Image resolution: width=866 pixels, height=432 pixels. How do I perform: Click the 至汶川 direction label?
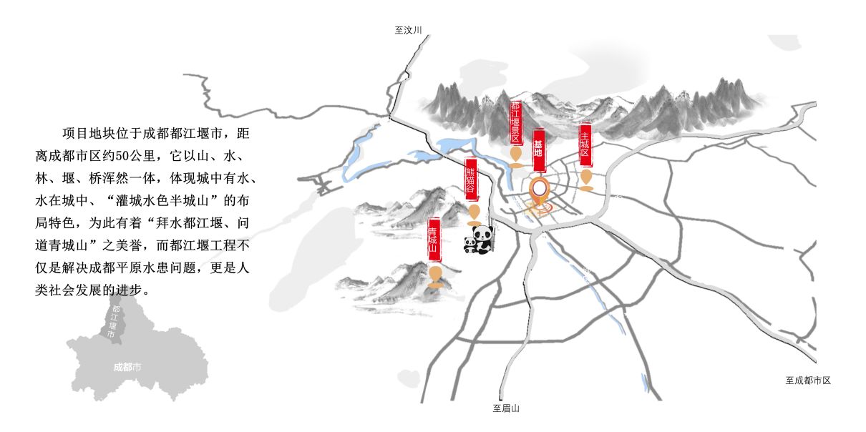[x=409, y=30]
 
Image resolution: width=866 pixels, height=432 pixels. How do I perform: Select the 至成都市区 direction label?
[x=807, y=381]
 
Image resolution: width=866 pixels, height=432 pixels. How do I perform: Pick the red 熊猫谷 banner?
[x=471, y=180]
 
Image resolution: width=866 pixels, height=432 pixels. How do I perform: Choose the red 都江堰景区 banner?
[x=515, y=122]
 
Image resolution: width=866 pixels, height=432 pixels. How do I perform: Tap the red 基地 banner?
[x=539, y=150]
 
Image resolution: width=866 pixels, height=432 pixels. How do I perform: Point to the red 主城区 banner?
[x=585, y=145]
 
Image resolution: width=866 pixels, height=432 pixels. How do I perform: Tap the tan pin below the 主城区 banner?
[x=586, y=179]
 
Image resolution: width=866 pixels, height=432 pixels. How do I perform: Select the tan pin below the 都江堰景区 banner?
[x=515, y=155]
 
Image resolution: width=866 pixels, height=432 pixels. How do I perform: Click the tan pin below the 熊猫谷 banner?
[x=474, y=212]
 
